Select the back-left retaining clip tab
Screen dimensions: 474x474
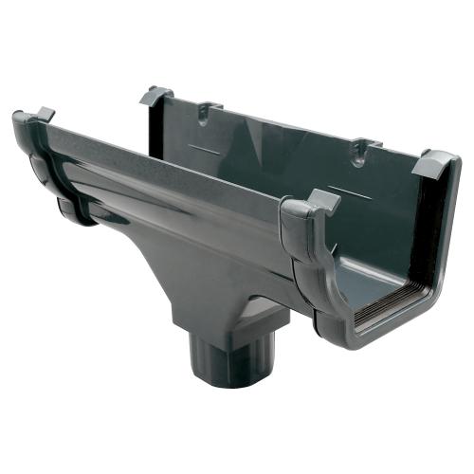point(157,96)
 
